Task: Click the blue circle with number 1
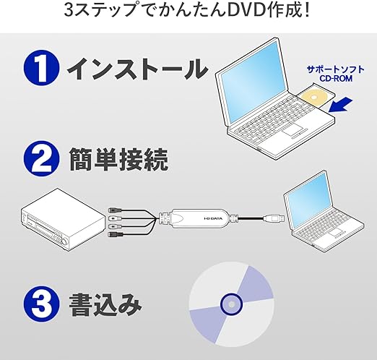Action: coord(41,68)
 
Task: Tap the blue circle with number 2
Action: coord(41,159)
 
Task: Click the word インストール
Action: coord(137,69)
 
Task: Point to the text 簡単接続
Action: coord(118,159)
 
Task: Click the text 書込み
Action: coord(105,304)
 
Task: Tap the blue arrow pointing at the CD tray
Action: coord(340,105)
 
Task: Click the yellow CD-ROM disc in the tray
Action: coord(315,97)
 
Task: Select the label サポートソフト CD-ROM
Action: coord(336,74)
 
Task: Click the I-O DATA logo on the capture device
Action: coord(213,218)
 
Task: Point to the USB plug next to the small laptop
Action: coord(274,218)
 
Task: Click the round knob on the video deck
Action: coord(65,241)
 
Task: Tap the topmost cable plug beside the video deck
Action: coord(114,210)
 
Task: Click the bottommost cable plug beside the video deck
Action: coord(116,233)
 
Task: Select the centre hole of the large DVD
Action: coord(231,304)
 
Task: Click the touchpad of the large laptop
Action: coord(293,130)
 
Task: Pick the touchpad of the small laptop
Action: coord(337,233)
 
